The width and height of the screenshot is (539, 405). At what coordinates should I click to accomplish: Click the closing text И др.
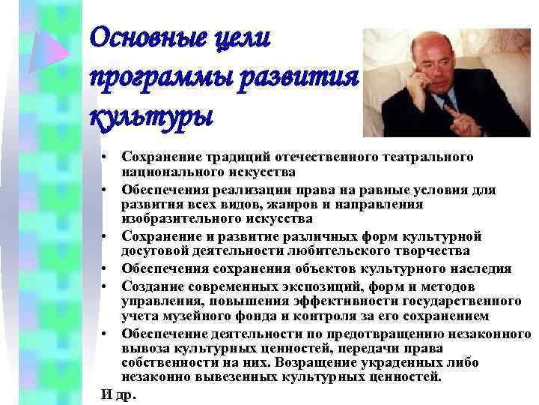pyautogui.click(x=114, y=394)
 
